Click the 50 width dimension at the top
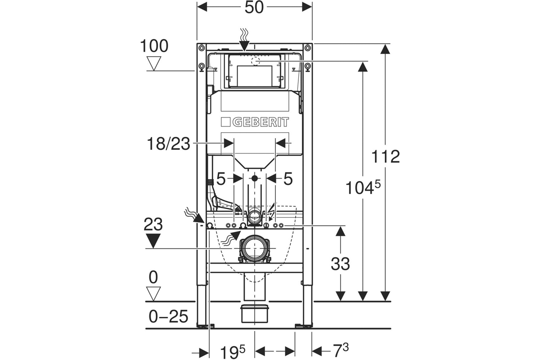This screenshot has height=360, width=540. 254,8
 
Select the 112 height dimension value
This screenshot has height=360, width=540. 386,157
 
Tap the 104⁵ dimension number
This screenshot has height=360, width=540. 363,187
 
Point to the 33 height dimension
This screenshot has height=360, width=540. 340,264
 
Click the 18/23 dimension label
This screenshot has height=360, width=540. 168,144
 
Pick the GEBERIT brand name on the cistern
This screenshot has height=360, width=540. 261,122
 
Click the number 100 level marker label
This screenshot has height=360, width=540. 154,46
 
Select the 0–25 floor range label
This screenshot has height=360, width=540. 168,316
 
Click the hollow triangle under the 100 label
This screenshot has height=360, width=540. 154,63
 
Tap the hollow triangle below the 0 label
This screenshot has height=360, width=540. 153,294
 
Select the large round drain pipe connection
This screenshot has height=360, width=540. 254,247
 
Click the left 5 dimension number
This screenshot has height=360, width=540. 221,179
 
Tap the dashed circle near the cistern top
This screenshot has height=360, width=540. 256,62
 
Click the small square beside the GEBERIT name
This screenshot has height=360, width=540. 225,122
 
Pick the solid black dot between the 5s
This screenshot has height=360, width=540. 255,179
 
